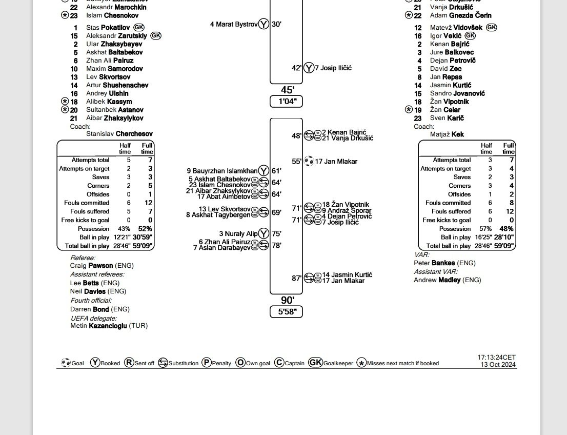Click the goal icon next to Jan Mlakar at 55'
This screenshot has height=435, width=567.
[x=309, y=161]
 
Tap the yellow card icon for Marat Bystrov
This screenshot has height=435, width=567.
[x=264, y=24]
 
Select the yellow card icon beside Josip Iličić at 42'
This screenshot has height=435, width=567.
[x=309, y=68]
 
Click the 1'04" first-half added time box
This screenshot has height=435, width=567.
[x=287, y=102]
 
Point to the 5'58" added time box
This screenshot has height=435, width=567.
[x=287, y=311]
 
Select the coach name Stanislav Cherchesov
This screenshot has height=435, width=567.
[x=119, y=134]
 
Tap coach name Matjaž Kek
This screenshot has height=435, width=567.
[x=447, y=134]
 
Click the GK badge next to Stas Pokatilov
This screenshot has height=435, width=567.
[x=139, y=27]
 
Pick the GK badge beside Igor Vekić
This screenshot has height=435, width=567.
[x=470, y=35]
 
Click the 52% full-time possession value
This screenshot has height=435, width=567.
[x=145, y=229]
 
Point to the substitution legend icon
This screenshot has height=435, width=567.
[x=163, y=363]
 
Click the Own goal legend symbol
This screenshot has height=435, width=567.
[x=240, y=363]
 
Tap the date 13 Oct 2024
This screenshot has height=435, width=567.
[x=498, y=365]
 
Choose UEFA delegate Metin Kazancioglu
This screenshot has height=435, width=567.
[x=109, y=326]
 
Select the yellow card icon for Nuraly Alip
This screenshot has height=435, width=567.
[x=264, y=233]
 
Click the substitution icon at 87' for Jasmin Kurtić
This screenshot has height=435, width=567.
[x=309, y=278]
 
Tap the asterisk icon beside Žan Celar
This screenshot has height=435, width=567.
[x=409, y=109]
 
